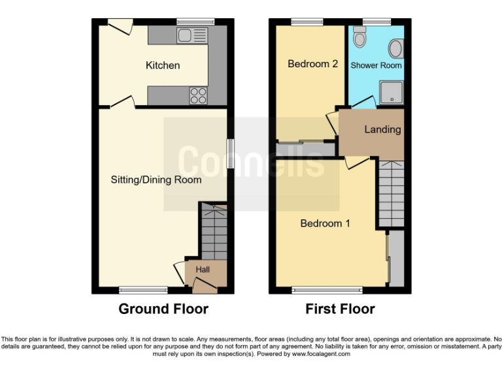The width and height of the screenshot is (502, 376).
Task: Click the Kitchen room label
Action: (163, 65)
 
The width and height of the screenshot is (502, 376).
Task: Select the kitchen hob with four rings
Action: (197, 96)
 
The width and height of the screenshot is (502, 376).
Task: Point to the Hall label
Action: (203, 269)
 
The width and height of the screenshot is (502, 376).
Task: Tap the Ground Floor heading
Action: (163, 309)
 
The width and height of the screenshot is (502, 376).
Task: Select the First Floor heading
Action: (340, 309)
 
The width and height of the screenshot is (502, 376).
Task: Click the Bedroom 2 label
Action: (312, 64)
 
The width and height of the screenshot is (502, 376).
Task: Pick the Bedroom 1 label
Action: (325, 223)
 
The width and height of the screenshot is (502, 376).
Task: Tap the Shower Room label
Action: (376, 65)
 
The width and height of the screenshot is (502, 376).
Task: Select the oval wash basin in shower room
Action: (395, 48)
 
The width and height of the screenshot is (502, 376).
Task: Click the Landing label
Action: (382, 129)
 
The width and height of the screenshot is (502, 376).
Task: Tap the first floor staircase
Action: (392, 193)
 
